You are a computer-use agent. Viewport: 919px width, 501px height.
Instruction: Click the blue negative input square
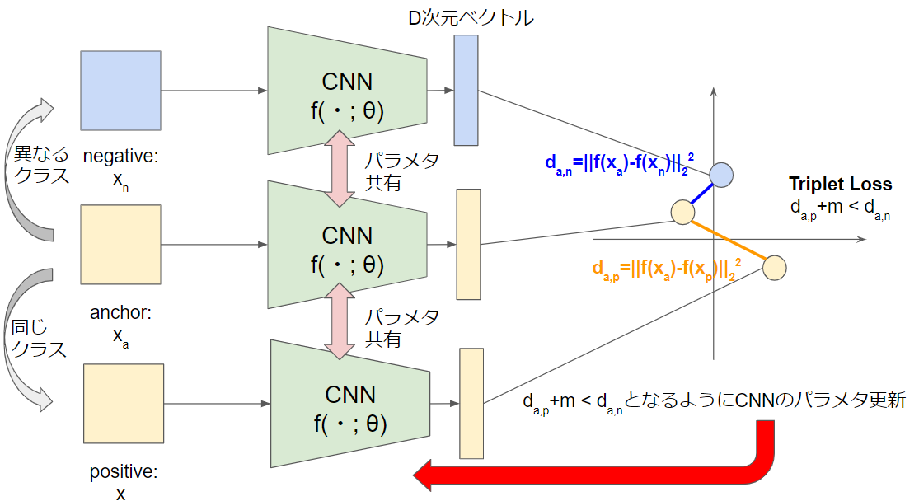point(120,90)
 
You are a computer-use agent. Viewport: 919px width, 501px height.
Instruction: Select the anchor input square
point(120,244)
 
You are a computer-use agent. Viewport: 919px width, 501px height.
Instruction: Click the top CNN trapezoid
point(346,91)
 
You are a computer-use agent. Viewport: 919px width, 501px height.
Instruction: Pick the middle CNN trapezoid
point(346,245)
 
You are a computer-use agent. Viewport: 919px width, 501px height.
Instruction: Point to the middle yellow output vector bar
point(468,244)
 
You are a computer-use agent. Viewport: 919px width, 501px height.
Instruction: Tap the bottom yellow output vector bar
point(471,403)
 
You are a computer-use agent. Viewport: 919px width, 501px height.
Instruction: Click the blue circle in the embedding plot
point(721,174)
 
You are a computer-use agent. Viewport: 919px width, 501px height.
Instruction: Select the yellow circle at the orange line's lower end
point(775,267)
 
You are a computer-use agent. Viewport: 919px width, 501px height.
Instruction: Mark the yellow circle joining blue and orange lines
point(682,212)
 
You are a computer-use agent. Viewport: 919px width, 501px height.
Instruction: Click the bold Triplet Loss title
point(840,184)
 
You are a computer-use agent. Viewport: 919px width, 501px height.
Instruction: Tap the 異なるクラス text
point(39,164)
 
